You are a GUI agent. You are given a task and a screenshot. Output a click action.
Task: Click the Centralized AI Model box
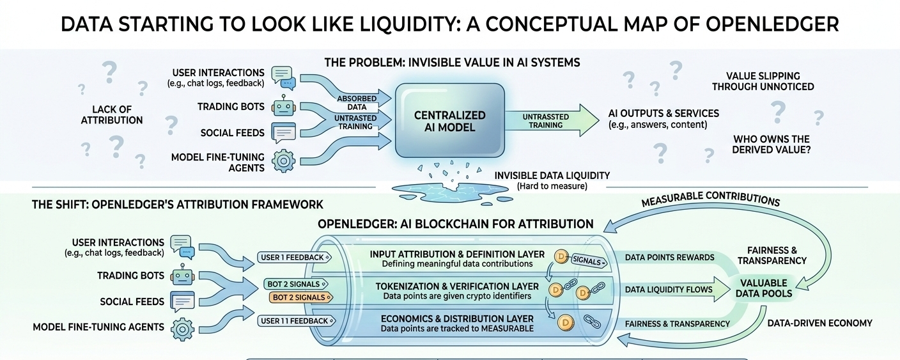[449, 121]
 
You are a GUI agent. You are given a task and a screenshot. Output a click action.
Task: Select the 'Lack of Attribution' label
[112, 115]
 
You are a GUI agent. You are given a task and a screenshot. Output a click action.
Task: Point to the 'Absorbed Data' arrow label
[357, 103]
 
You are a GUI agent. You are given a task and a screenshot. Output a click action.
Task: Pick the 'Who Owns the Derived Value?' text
[771, 145]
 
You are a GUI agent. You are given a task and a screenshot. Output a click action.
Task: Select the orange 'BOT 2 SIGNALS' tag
[301, 298]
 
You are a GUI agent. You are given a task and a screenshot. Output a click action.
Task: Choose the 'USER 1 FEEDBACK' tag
[294, 258]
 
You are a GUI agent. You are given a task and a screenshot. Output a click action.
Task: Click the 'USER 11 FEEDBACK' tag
[297, 321]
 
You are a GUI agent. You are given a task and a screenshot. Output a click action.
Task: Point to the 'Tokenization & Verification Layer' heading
[457, 286]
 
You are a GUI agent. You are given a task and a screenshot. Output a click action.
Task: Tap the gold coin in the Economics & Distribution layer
[566, 322]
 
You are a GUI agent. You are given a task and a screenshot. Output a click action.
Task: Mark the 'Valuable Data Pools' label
[764, 288]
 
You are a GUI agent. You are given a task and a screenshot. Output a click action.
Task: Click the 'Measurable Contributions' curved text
[710, 199]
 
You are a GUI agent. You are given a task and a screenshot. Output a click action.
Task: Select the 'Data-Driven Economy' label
[819, 323]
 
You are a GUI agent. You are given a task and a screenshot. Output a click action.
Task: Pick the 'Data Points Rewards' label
[670, 258]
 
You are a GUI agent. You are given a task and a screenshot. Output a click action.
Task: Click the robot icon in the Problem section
[284, 106]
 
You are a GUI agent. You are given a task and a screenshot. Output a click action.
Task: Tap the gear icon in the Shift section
[182, 329]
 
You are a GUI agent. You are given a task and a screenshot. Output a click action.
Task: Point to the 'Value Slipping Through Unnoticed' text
[763, 81]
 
